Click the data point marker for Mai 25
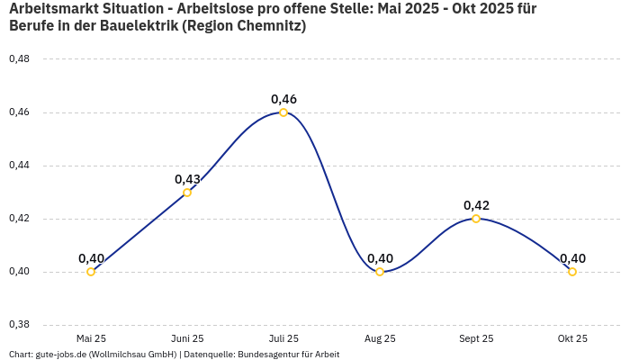coord(91,272)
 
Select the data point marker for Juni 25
coord(187,193)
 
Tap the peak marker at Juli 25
coord(283,112)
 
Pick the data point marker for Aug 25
coord(380,272)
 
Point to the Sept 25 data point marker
coord(476,219)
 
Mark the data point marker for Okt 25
coord(572,272)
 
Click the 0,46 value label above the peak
coord(283,99)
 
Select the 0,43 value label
coord(187,179)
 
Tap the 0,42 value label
coord(476,205)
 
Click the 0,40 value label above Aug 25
coord(380,258)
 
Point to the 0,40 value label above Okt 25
coord(572,258)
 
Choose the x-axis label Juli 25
coord(283,338)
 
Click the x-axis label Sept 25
coord(476,338)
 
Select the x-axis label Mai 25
coord(91,338)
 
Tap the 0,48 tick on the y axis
coord(19,59)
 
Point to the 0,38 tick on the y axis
coord(19,325)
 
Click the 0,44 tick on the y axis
coord(19,166)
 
